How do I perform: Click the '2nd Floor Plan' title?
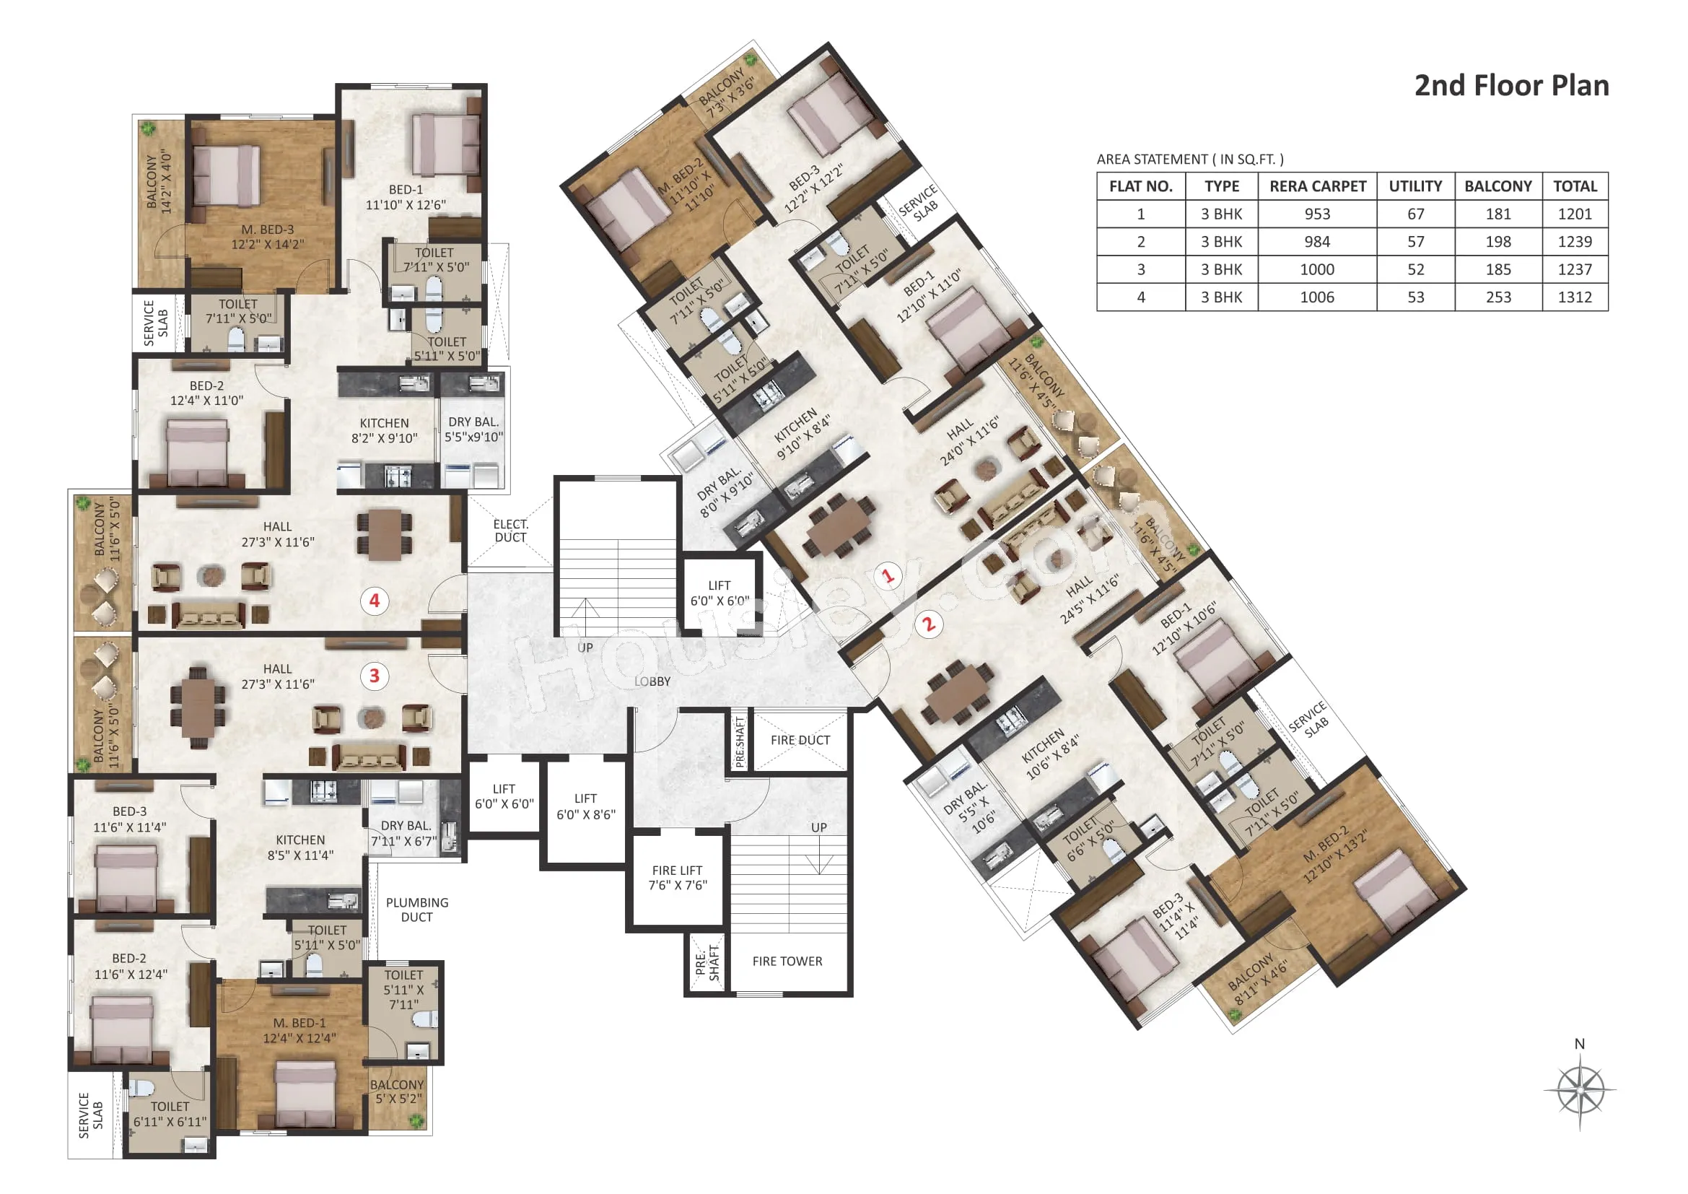(x=1512, y=85)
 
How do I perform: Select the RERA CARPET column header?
(x=1318, y=186)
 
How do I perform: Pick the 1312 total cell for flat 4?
(x=1575, y=297)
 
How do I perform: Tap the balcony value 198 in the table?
(x=1498, y=242)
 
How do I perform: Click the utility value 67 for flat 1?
(x=1416, y=214)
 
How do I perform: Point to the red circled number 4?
(x=375, y=601)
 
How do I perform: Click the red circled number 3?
(x=375, y=676)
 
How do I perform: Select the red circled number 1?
(x=888, y=575)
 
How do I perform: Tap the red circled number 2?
(x=930, y=625)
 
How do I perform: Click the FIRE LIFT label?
(x=677, y=871)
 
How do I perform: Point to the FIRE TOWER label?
(x=787, y=962)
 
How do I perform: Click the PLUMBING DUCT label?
(x=417, y=910)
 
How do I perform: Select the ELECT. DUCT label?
(x=511, y=531)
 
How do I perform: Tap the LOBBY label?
(x=653, y=681)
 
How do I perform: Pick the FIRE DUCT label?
(x=800, y=741)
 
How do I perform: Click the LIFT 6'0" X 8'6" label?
(x=586, y=806)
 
